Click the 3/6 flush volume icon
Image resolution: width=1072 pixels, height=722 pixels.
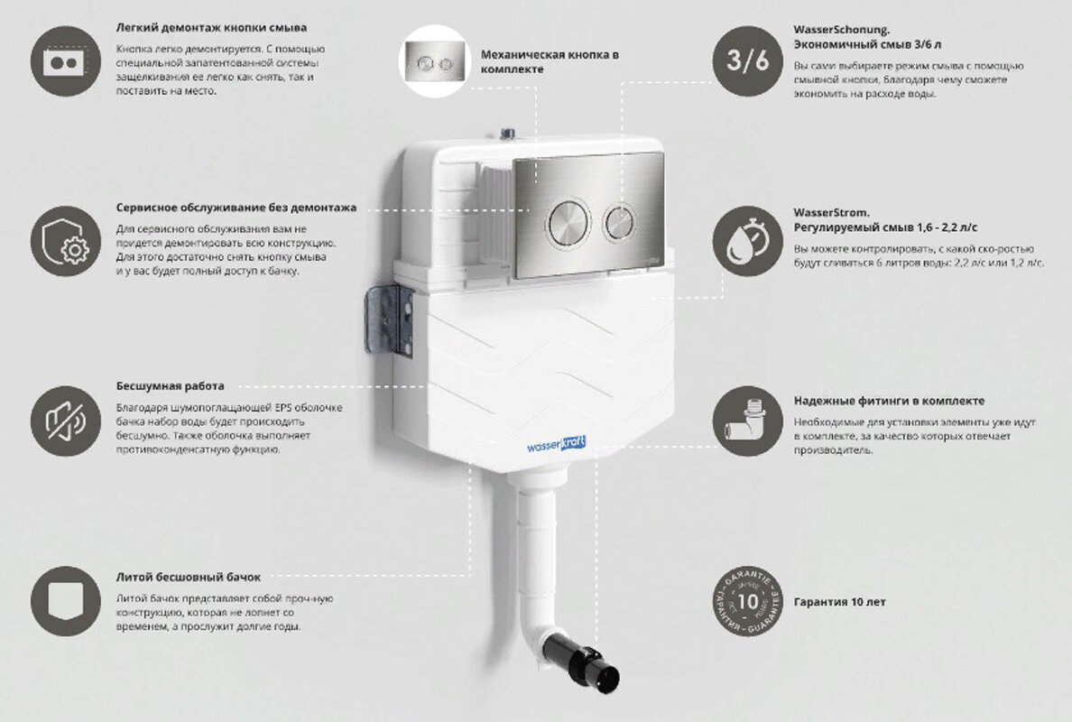(748, 60)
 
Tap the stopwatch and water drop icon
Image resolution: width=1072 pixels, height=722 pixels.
(748, 241)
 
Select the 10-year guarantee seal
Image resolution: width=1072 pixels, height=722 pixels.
(748, 602)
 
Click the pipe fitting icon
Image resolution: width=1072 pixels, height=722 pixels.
(748, 421)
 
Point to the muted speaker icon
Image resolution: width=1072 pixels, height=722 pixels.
(66, 421)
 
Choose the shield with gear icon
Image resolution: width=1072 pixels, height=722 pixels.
(66, 241)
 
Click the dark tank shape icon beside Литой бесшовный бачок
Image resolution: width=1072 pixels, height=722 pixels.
(66, 602)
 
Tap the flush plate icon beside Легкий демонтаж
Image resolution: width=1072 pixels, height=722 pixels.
(66, 61)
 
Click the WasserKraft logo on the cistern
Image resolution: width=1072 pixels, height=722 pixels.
(556, 445)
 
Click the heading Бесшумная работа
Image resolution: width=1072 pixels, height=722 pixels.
(171, 386)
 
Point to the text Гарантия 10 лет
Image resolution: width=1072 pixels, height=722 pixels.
(839, 602)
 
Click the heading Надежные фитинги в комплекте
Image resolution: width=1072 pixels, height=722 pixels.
(890, 402)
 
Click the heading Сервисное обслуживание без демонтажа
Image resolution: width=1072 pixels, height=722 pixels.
(236, 208)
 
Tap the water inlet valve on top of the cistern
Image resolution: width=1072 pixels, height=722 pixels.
(507, 134)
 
